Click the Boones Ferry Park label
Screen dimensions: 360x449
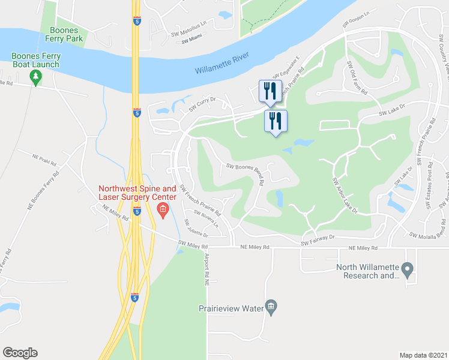click(x=67, y=34)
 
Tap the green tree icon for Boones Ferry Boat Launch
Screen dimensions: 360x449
click(x=35, y=76)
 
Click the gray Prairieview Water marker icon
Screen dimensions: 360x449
click(x=271, y=308)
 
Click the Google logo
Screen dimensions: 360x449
click(x=20, y=353)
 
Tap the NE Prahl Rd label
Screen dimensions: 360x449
click(x=43, y=159)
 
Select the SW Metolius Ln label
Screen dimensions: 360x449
click(x=192, y=34)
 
